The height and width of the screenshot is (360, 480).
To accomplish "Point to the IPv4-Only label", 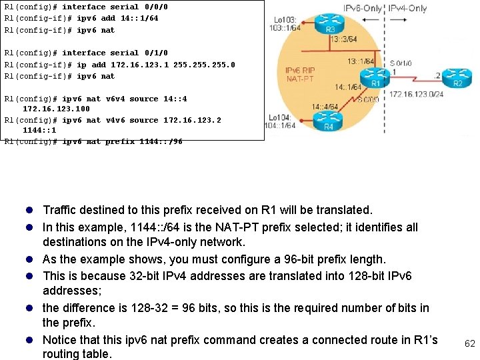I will pos(407,8).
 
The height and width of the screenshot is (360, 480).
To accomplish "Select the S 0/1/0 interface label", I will pos(401,64).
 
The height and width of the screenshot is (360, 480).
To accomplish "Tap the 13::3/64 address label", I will pos(343,39).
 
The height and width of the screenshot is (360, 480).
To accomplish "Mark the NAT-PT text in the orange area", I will pos(300,79).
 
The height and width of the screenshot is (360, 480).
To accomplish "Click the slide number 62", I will pos(469,344).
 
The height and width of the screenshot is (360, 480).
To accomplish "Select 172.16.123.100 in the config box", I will pos(56,109).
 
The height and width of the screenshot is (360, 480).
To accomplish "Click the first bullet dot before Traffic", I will pos(33,211).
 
